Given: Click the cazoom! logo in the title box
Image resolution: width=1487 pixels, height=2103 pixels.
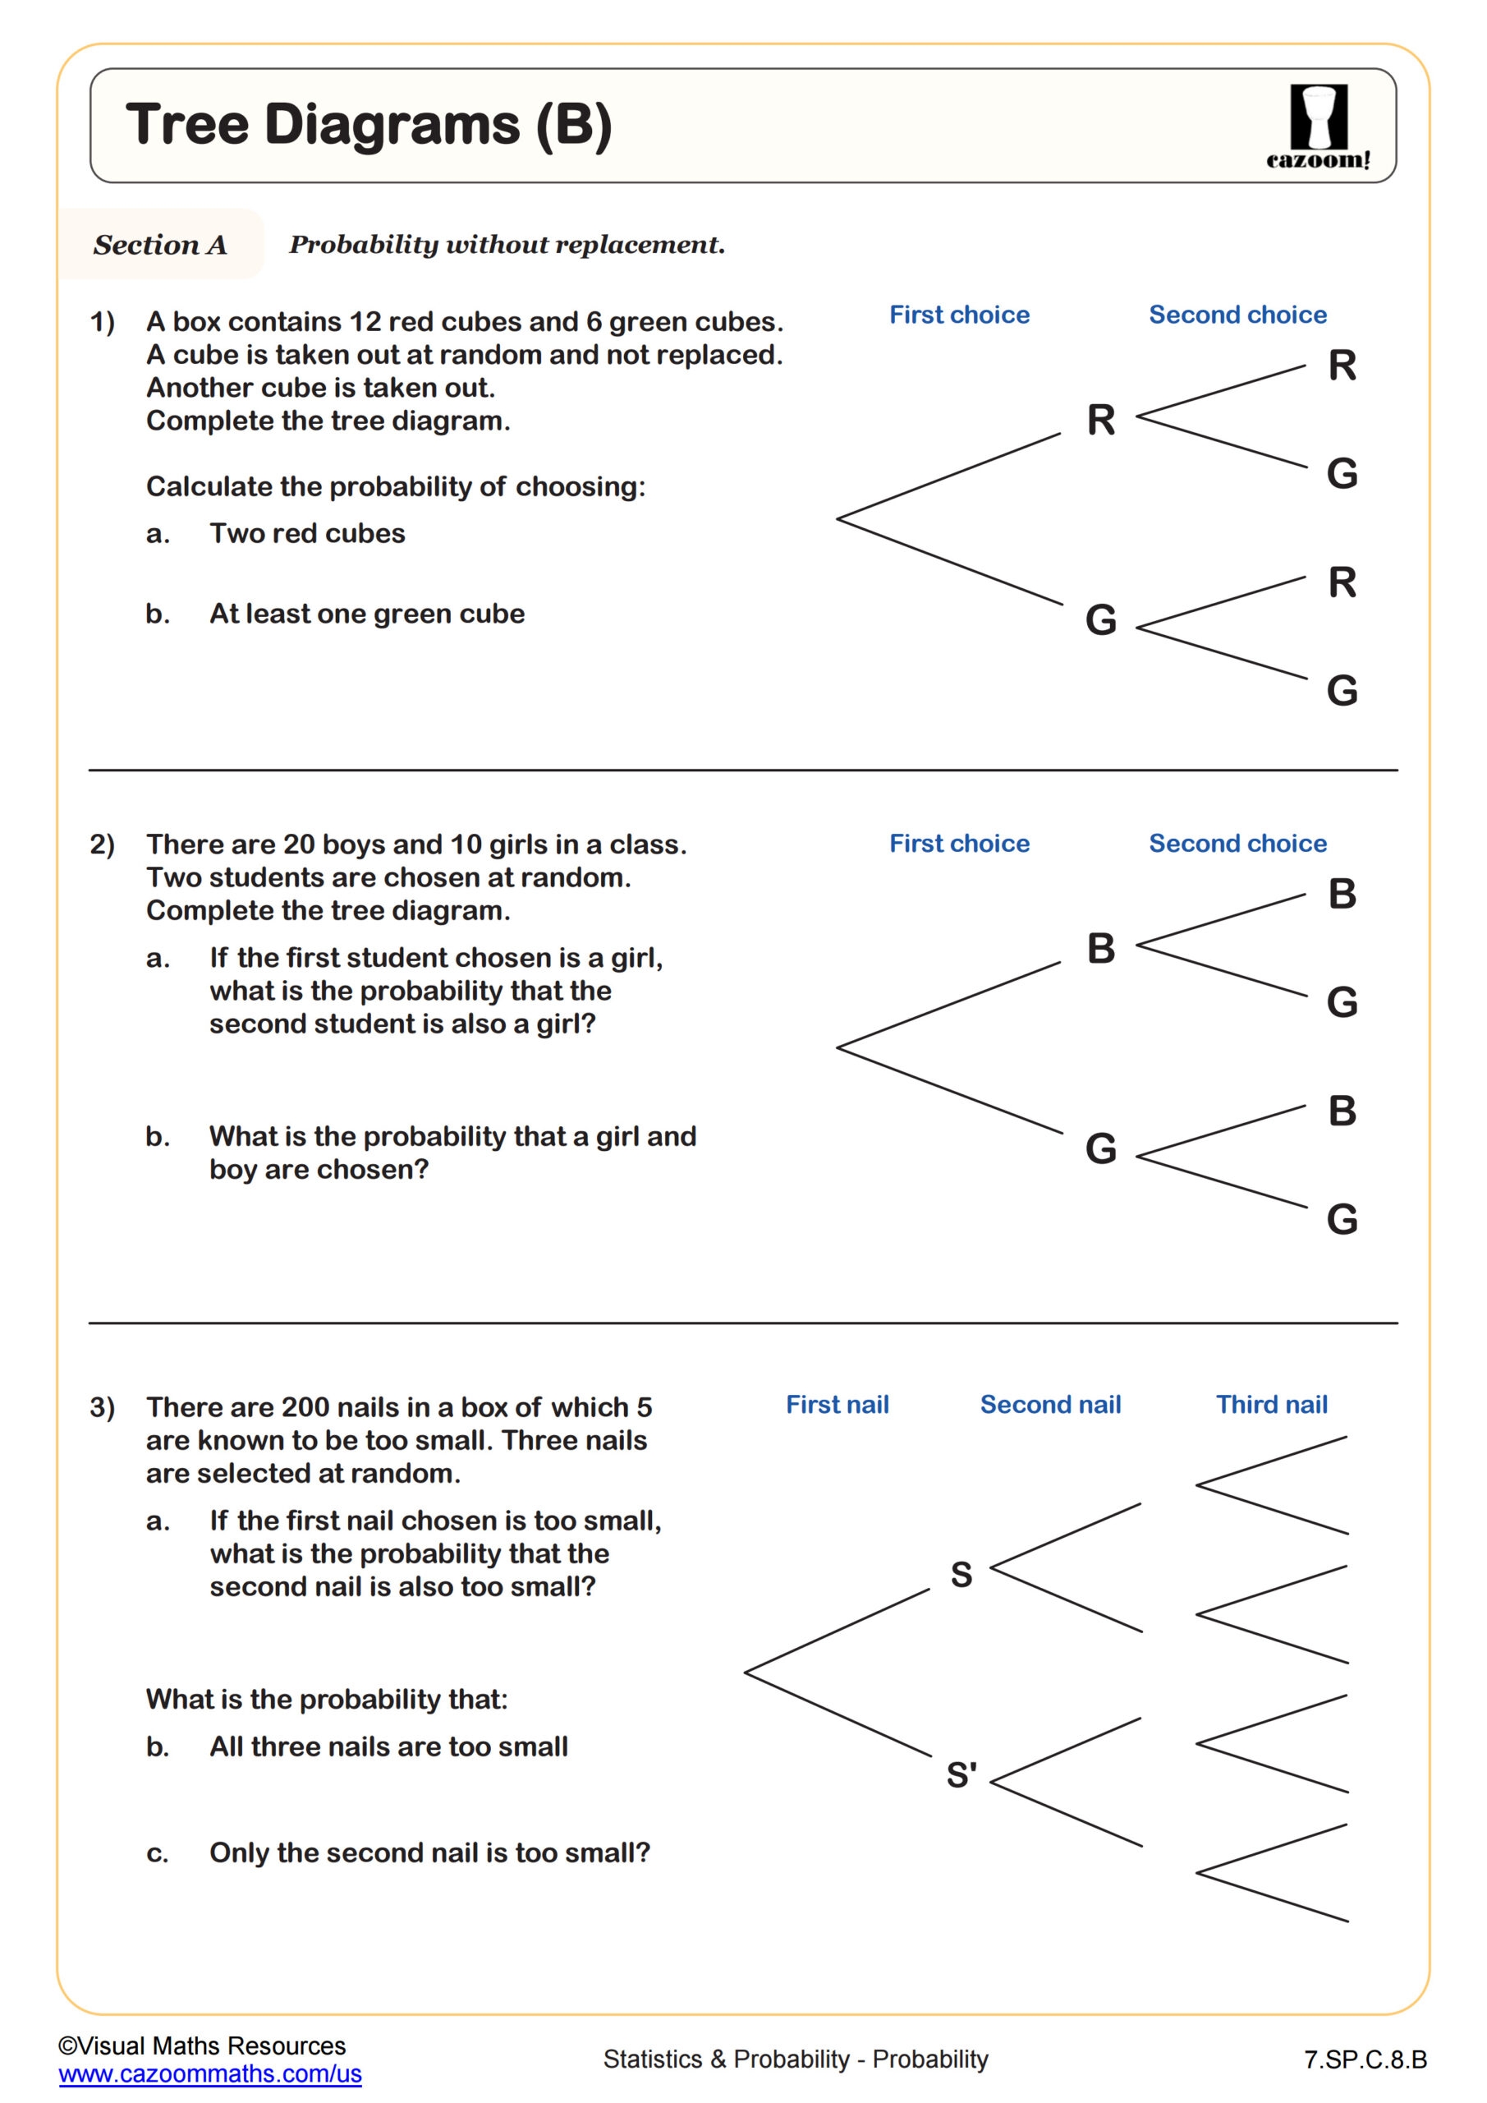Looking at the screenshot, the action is click(1319, 127).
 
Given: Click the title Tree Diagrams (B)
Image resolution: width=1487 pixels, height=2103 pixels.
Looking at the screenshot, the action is click(368, 125).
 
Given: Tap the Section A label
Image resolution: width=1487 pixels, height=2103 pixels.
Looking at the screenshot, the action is click(160, 245).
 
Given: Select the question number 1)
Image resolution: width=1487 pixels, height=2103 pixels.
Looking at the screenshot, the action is click(103, 322).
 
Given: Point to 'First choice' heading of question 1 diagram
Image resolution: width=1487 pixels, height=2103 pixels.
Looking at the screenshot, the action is click(959, 315).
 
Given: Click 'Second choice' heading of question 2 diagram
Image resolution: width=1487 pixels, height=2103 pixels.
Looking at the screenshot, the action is click(1237, 844).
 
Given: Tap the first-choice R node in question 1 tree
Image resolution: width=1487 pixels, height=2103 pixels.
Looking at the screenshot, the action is click(1100, 421).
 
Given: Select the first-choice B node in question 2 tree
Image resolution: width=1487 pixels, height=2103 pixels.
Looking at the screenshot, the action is click(1100, 949).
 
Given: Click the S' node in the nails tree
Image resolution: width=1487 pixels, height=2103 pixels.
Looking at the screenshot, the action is click(962, 1775).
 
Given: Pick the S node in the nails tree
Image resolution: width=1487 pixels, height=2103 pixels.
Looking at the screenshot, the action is click(961, 1575).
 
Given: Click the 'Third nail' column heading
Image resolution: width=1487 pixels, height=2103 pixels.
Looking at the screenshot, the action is click(1271, 1405).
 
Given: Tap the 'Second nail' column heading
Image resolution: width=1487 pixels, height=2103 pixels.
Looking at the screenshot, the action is click(1050, 1405).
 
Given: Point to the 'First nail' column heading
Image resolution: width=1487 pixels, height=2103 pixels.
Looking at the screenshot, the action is click(837, 1405).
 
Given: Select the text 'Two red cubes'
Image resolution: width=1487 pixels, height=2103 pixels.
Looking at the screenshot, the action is click(307, 534).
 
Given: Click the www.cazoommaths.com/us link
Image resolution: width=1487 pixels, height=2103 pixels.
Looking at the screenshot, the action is click(209, 2073).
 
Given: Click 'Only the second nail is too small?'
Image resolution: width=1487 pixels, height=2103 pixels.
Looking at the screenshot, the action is click(429, 1853).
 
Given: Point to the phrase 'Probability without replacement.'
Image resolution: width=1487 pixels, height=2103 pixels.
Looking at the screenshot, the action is click(507, 245).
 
